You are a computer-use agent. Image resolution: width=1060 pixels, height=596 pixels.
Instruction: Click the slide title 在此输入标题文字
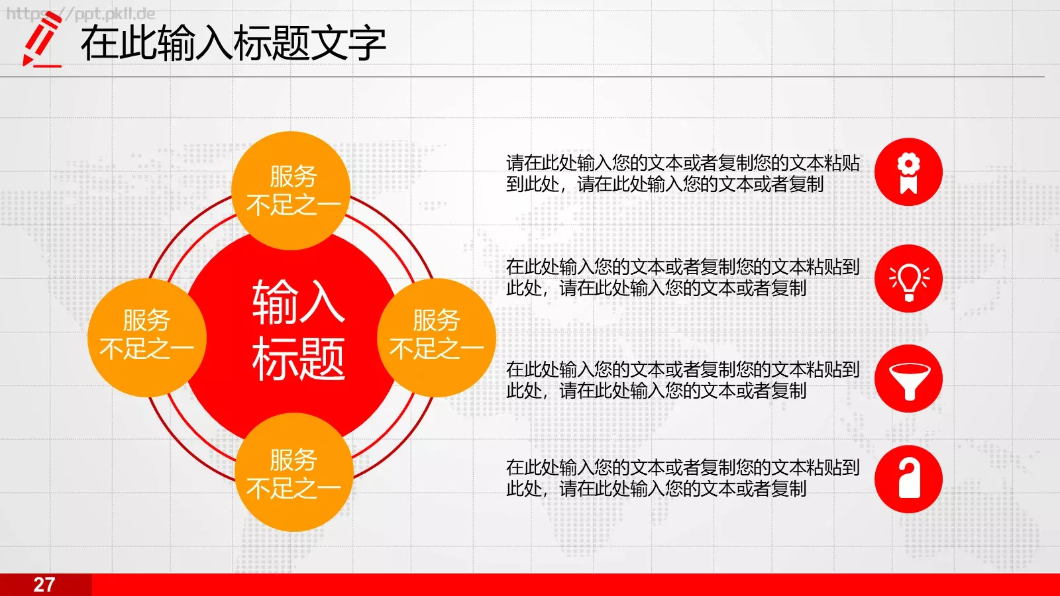233,44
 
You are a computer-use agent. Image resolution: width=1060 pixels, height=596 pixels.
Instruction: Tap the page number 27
44,585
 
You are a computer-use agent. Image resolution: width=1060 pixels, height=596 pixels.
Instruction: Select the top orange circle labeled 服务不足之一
292,190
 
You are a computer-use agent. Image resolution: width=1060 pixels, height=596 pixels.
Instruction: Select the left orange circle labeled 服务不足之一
146,336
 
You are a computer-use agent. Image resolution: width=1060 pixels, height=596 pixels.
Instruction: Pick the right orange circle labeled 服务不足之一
437,336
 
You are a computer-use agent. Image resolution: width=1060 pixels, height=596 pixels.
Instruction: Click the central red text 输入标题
298,330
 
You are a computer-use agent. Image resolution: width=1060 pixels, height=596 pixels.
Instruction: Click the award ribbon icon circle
908,172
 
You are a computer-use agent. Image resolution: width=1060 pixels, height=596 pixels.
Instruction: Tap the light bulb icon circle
908,278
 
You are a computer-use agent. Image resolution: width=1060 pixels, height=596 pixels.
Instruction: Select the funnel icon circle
908,379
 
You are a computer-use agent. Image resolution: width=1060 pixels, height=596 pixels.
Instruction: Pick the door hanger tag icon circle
908,479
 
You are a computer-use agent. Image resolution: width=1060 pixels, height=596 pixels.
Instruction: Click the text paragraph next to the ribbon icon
682,174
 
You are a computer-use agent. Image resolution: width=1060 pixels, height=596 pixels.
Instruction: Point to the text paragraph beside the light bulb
682,277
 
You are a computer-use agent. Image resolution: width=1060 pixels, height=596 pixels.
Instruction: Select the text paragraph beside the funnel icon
682,380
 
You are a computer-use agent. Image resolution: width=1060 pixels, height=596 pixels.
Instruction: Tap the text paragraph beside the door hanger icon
682,478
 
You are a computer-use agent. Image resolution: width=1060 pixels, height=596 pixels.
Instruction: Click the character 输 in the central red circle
275,302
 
